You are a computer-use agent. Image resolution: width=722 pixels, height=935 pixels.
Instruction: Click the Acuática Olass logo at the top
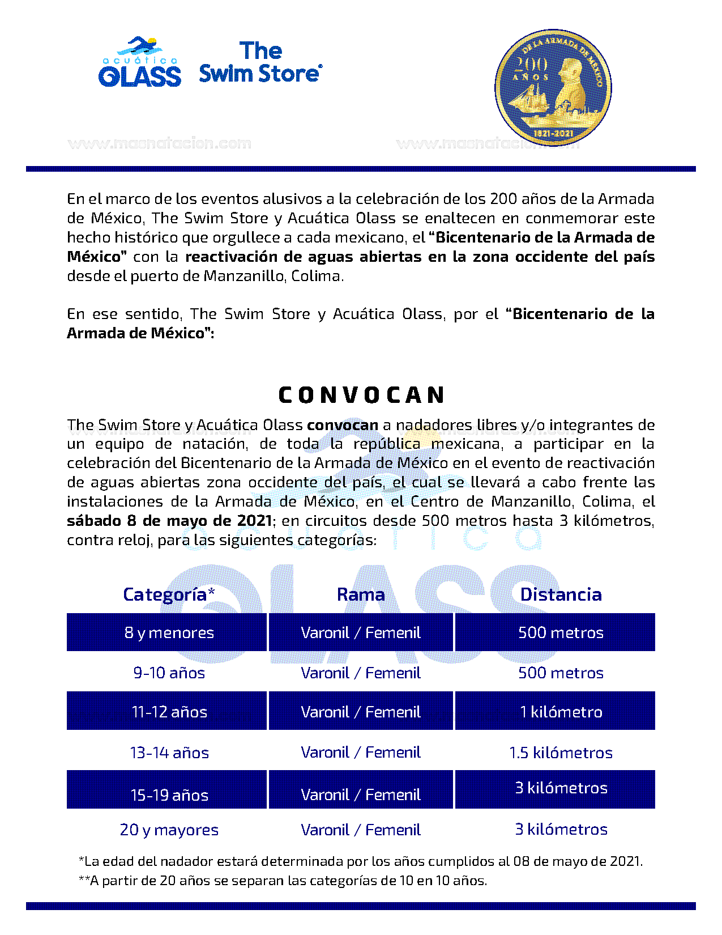pos(139,63)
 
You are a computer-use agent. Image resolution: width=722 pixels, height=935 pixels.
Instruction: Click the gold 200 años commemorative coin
pos(553,87)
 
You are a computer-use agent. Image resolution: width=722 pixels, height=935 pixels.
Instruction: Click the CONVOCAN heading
pos(361,395)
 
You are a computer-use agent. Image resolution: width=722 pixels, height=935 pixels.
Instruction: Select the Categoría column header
pos(169,594)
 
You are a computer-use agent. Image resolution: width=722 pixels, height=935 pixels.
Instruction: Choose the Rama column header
pos(361,594)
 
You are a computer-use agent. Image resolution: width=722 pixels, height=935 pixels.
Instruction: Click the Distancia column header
pos(561,594)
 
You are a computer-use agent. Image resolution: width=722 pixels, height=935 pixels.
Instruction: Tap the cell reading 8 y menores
pos(169,632)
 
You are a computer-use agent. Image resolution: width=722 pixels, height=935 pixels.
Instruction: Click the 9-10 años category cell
pos(169,673)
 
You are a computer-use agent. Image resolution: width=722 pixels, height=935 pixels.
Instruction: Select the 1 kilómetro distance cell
pos(561,712)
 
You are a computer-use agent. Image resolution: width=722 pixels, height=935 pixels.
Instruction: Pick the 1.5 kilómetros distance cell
pos(561,753)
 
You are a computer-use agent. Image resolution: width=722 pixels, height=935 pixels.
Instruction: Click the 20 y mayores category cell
pos(169,830)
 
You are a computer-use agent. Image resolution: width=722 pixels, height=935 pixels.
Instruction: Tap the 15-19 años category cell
pos(169,794)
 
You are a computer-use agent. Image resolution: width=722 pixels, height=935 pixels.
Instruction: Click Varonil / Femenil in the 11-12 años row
pos(361,712)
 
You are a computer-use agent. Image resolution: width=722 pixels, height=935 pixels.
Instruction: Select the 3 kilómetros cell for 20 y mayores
pos(561,829)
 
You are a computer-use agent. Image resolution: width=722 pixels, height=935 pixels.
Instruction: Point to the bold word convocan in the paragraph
pos(342,425)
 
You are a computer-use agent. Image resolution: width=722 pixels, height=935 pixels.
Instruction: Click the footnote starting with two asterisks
pos(283,881)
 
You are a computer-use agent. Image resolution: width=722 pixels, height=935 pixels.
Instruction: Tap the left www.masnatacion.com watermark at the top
pos(159,143)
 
